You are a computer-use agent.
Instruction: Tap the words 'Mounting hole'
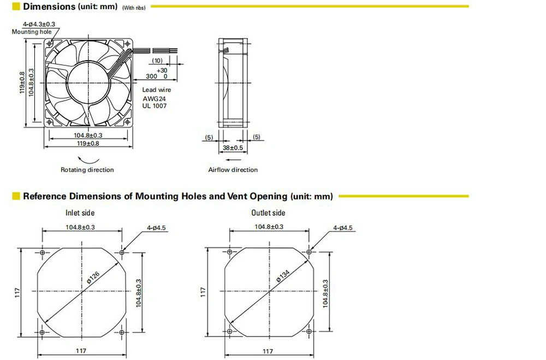pos(32,32)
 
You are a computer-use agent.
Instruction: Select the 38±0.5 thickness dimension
pos(233,147)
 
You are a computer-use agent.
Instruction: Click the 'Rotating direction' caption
pos(87,170)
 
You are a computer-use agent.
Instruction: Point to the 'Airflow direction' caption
pos(233,170)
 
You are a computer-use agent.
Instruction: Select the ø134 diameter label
pos(282,276)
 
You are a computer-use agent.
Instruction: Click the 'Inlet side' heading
pos(80,213)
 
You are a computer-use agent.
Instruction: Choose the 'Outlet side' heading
pos(268,213)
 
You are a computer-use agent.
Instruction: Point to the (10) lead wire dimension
pos(157,60)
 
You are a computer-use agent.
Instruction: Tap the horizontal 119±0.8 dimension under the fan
pos(88,143)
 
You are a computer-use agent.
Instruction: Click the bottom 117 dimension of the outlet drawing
pos(268,351)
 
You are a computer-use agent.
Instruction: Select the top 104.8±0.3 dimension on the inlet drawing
pos(80,227)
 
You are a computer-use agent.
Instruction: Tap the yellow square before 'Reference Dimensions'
pos(16,196)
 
